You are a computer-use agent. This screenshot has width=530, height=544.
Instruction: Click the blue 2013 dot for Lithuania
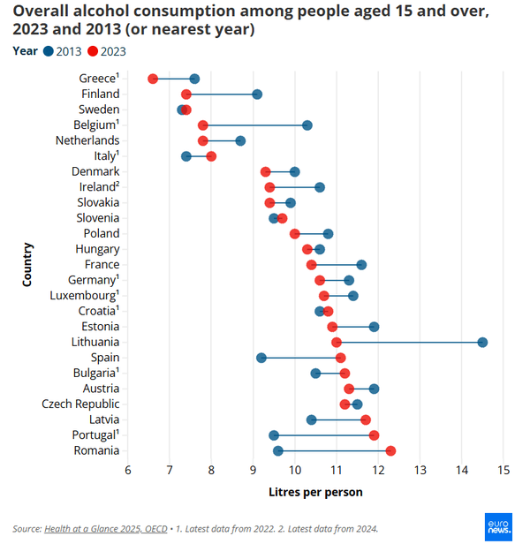[482, 342]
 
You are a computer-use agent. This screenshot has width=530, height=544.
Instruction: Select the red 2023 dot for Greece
[153, 79]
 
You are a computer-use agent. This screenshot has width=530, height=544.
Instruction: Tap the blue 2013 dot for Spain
[261, 358]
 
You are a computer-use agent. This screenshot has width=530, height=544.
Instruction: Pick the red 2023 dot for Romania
[390, 450]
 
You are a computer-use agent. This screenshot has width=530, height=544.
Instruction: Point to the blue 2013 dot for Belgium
[307, 125]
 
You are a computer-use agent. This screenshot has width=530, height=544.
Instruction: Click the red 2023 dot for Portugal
[374, 435]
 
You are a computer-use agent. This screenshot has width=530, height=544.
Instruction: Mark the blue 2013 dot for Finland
[257, 94]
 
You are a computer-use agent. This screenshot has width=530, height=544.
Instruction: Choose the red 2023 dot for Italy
[211, 156]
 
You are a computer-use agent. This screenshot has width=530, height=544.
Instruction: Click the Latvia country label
[102, 419]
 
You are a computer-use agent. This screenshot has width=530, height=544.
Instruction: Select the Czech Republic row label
[80, 404]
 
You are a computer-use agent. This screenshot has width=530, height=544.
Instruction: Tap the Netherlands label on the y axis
[87, 140]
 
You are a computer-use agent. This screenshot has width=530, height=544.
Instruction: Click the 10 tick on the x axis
[294, 469]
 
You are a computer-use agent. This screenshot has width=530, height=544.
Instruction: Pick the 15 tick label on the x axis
[503, 469]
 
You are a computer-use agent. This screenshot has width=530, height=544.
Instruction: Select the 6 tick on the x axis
[127, 469]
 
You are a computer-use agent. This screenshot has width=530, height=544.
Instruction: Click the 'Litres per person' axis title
[314, 491]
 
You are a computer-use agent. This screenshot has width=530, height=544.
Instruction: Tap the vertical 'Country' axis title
[28, 263]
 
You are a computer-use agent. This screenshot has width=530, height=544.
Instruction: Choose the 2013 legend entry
[61, 51]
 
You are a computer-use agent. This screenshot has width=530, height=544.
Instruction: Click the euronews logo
[500, 525]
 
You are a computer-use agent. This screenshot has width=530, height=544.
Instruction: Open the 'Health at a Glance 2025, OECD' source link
[108, 528]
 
